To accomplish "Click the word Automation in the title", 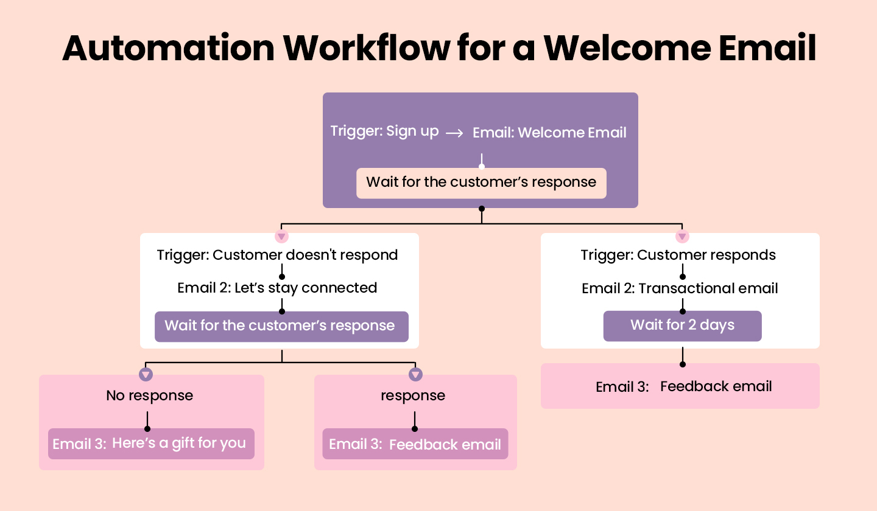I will coord(168,49).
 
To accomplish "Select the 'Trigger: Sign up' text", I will coord(384,131).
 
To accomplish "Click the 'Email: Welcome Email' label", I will coord(549,133).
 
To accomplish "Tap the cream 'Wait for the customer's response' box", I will coord(481,182).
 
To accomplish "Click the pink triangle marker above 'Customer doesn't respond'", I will coord(281,236).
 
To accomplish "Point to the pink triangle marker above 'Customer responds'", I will coord(682,236).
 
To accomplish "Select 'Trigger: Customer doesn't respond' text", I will coord(277,255).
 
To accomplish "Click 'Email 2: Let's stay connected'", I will coord(277,288).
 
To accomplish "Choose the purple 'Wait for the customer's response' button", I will coord(281,326).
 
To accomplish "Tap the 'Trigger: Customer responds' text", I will coord(678,255).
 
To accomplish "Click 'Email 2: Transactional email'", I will coord(680,288).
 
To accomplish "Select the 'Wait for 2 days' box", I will coord(682,325).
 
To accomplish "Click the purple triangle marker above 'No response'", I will coord(146,374).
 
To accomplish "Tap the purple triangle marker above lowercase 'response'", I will coord(415,374).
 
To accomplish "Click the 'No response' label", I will coord(149,395).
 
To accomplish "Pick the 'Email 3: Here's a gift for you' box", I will coord(151,444).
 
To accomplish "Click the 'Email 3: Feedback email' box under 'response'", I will coord(415,445).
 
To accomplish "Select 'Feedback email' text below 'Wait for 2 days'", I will coord(716,386).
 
